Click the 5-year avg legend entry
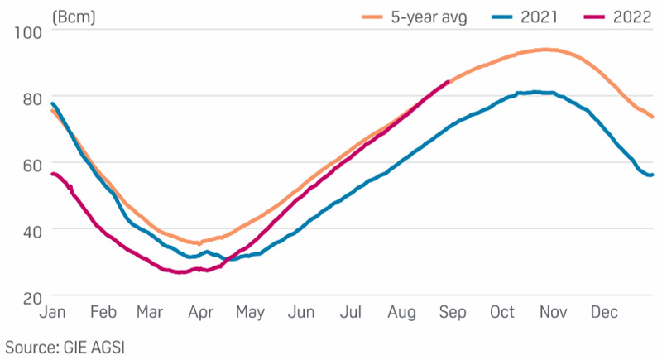[x=434, y=16]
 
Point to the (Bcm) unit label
[x=72, y=15]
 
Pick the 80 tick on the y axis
[x=30, y=98]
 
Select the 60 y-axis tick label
[x=30, y=164]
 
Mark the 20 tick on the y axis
[x=30, y=295]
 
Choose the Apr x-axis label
[x=200, y=313]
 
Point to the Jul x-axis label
[x=352, y=313]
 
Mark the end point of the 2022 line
[x=448, y=81]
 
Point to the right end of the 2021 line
[x=652, y=175]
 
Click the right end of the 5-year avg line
[x=653, y=117]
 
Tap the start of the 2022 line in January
[x=52, y=174]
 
